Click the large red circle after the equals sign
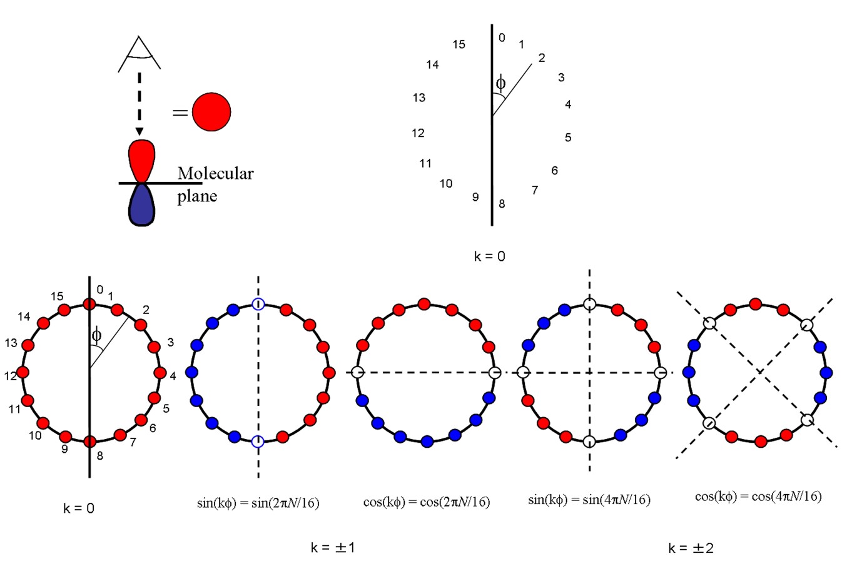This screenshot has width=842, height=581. pos(211,112)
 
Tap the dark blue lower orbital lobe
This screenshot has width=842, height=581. pos(141,205)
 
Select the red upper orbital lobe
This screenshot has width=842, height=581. pos(141,160)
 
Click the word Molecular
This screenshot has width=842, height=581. pos(215,173)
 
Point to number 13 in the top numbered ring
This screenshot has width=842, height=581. pos(419,98)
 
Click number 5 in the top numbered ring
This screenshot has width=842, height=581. pos(568,138)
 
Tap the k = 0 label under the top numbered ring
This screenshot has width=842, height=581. pos(489,256)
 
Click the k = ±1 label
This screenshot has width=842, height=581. pos(333,548)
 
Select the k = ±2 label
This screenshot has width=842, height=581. pos(691,548)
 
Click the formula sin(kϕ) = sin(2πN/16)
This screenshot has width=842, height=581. pos(258,503)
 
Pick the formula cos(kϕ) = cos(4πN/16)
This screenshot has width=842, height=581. pos(758,497)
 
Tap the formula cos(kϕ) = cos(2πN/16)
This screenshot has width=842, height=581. pos(426,502)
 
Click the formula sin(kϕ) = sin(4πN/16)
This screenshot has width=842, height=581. pos(589,500)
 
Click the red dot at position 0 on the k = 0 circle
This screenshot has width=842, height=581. pos(89,304)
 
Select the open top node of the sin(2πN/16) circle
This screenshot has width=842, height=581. pos(258,304)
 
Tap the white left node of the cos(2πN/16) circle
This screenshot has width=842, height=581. pos(357,372)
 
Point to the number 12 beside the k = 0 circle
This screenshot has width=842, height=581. pos(11,376)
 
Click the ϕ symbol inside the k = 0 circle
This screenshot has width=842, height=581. pos(96,335)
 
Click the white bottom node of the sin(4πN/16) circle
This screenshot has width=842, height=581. pos(589,442)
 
